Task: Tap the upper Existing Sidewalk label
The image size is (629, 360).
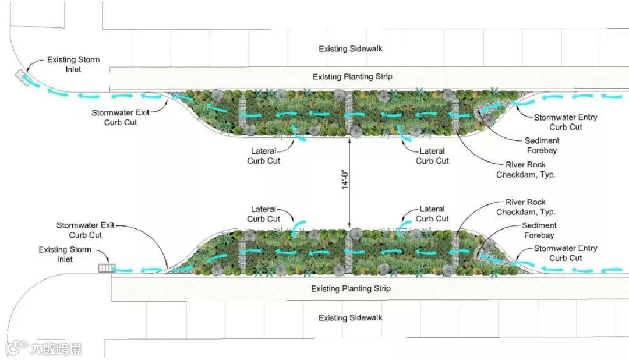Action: click(x=350, y=49)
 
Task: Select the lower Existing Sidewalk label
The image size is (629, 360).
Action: click(x=350, y=318)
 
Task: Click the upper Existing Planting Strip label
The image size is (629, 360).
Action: click(x=352, y=77)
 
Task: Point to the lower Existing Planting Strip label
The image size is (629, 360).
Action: click(x=351, y=289)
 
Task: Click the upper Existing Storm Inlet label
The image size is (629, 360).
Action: click(x=73, y=65)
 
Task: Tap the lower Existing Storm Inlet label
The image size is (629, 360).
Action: click(x=65, y=255)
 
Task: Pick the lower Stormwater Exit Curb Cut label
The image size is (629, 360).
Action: click(x=86, y=230)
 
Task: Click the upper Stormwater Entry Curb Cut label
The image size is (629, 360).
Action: click(x=566, y=122)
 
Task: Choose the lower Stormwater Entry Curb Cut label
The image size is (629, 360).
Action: click(x=566, y=253)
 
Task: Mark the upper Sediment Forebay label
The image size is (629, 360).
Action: click(x=542, y=146)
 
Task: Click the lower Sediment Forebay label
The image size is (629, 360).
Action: click(x=539, y=231)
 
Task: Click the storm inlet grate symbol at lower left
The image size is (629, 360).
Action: click(x=107, y=269)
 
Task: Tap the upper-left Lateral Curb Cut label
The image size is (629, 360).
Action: click(x=263, y=156)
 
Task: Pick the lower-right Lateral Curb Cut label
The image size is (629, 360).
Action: click(x=432, y=214)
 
